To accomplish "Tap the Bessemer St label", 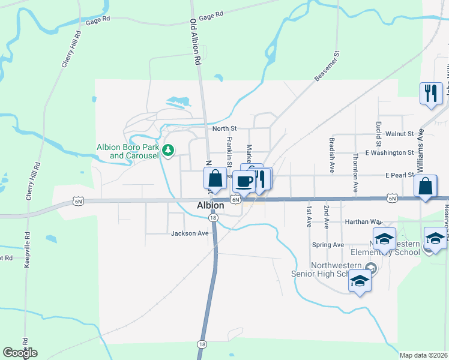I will tap(327, 67).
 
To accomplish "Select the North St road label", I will tap(225, 128).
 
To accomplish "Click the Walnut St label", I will tap(400, 134).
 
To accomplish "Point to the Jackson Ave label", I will tap(190, 233).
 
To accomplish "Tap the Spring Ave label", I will tap(328, 245).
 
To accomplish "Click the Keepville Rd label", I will tap(26, 249).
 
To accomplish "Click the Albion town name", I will tap(211, 205).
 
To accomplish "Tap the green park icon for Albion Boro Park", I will tap(169, 149).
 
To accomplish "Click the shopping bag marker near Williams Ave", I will tap(425, 187).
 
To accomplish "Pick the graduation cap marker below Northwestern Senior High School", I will tap(359, 281).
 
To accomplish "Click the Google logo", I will tap(20, 353).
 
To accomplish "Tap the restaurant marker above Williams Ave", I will tap(430, 93).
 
